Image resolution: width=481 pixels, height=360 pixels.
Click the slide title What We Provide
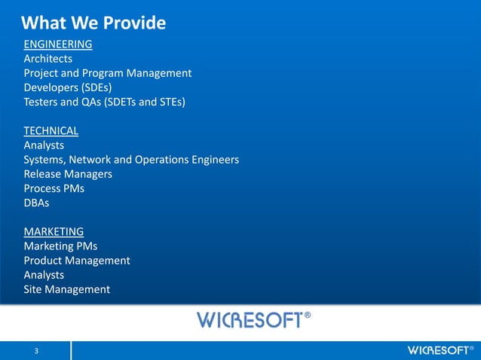pyautogui.click(x=94, y=23)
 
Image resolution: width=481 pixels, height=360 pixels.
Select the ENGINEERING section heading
pyautogui.click(x=58, y=44)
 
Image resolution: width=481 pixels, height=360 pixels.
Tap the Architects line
pyautogui.click(x=48, y=58)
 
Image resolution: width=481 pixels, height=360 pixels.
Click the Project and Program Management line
pyautogui.click(x=108, y=73)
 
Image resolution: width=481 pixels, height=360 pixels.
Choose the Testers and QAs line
pyautogui.click(x=105, y=102)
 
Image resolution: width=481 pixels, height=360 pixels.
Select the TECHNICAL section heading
pyautogui.click(x=51, y=130)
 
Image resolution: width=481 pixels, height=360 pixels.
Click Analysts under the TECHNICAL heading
pyautogui.click(x=44, y=145)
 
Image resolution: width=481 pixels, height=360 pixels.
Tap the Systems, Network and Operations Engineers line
pyautogui.click(x=131, y=160)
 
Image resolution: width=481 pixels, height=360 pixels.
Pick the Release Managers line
pyautogui.click(x=68, y=174)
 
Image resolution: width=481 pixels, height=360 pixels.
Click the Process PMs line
pyautogui.click(x=54, y=188)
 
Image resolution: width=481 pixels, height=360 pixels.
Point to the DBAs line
pyautogui.click(x=37, y=203)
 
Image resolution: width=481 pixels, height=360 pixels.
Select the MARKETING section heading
pyautogui.click(x=54, y=231)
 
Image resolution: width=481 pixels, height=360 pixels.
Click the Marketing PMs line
pyautogui.click(x=60, y=246)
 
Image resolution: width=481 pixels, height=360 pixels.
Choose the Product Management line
pyautogui.click(x=77, y=261)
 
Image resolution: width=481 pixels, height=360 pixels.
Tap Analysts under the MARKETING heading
pyautogui.click(x=44, y=275)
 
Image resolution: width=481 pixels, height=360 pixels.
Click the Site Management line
pyautogui.click(x=67, y=289)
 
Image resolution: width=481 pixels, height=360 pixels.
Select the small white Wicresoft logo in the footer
pyautogui.click(x=440, y=351)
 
